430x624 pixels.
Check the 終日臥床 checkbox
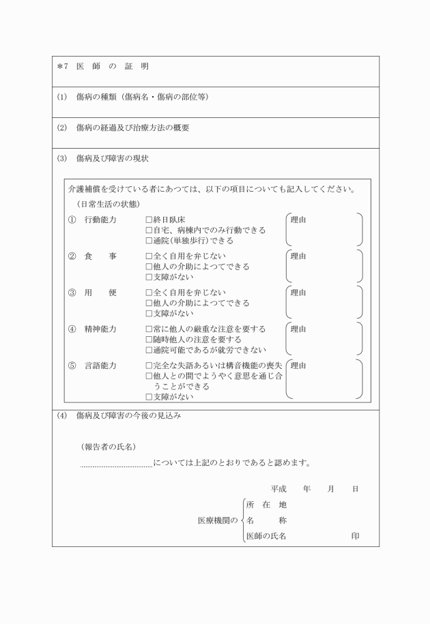coord(149,220)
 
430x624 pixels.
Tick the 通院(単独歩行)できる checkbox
coord(149,241)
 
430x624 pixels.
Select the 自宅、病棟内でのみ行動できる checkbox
coord(149,231)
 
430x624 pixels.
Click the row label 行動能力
coord(100,220)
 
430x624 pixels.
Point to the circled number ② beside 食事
coord(72,256)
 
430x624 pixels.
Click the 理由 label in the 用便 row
coord(298,293)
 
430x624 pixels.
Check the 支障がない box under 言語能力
coord(149,396)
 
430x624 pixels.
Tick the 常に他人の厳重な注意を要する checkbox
coord(149,329)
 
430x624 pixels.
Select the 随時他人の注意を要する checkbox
coord(149,339)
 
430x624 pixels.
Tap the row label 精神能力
coord(100,329)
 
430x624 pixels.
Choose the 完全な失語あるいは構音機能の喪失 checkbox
coord(149,366)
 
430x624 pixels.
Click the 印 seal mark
coord(355,536)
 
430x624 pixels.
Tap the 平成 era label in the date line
coord(278,489)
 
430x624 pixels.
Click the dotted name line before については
coord(116,466)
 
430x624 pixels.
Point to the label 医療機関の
coord(217,520)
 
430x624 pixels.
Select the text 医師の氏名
coord(266,536)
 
